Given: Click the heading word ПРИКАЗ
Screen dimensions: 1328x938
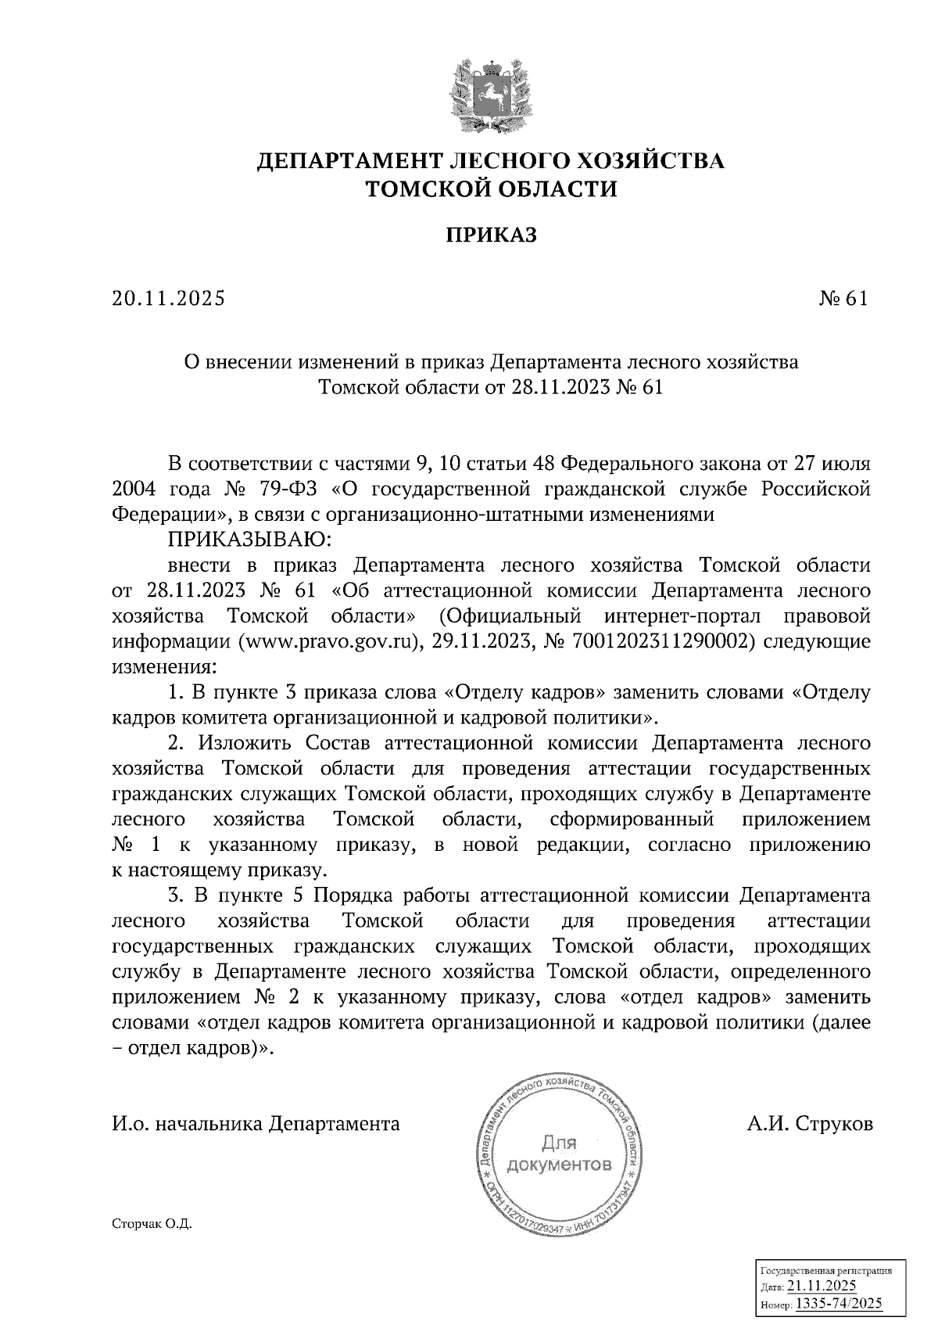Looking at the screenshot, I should (491, 235).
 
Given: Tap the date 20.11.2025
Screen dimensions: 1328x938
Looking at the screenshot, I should (168, 299).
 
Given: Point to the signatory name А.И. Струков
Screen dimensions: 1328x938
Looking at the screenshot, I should (810, 1124).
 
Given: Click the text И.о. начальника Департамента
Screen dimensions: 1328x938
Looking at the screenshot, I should (256, 1124).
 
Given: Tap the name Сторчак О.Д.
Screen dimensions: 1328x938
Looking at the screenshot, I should (152, 1225).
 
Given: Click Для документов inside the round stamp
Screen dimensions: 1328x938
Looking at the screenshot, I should (559, 1154).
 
